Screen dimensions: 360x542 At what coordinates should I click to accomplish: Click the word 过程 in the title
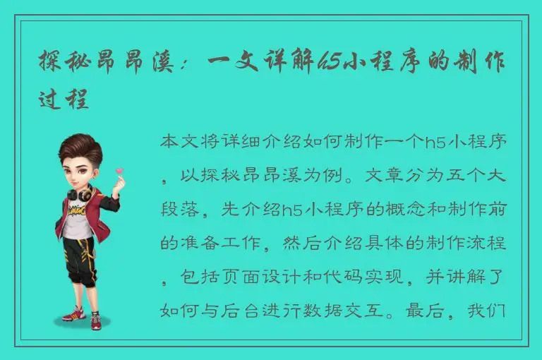[x=64, y=100]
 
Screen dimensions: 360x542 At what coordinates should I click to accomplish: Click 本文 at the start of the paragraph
[x=180, y=141]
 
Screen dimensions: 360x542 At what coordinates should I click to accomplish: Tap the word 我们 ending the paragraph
[x=488, y=311]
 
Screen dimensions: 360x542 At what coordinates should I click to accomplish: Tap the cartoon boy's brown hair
[x=78, y=145]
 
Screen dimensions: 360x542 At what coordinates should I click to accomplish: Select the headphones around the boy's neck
[x=79, y=192]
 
